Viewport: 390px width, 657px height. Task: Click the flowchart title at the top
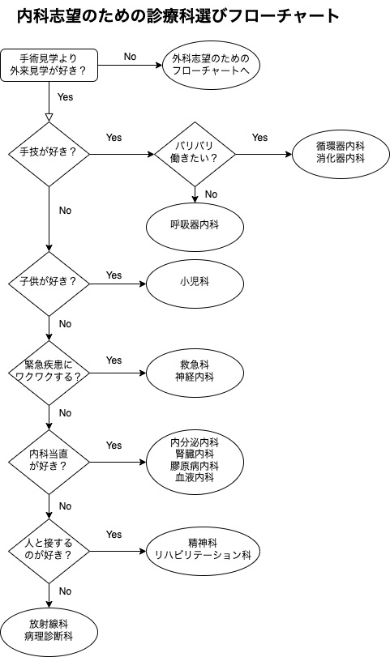coord(178,16)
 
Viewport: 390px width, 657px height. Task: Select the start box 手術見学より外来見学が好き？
coord(49,65)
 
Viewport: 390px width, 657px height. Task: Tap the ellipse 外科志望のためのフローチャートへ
coord(211,65)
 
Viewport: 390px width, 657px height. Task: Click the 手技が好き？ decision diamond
coord(49,154)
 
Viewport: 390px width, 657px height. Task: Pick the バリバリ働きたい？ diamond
coord(195,154)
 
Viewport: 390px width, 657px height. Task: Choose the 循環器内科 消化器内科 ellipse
coord(341,154)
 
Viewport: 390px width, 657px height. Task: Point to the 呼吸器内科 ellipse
coord(195,227)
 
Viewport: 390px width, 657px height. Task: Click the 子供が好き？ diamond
coord(49,284)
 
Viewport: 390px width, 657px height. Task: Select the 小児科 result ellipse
coord(195,284)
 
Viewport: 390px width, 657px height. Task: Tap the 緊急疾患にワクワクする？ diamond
coord(49,373)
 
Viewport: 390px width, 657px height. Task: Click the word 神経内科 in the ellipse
coord(195,377)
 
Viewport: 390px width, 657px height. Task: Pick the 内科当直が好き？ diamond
coord(49,462)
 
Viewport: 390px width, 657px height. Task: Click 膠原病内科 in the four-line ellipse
coord(195,466)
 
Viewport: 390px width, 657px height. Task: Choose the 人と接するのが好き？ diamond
coord(49,552)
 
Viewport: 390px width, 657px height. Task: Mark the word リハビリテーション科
coord(203,555)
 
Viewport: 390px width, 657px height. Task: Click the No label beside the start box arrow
coord(130,57)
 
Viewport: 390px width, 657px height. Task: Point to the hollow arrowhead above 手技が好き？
coord(49,117)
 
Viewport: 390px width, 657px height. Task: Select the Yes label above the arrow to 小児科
coord(114,275)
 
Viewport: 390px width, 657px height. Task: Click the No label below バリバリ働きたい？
coord(211,194)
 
